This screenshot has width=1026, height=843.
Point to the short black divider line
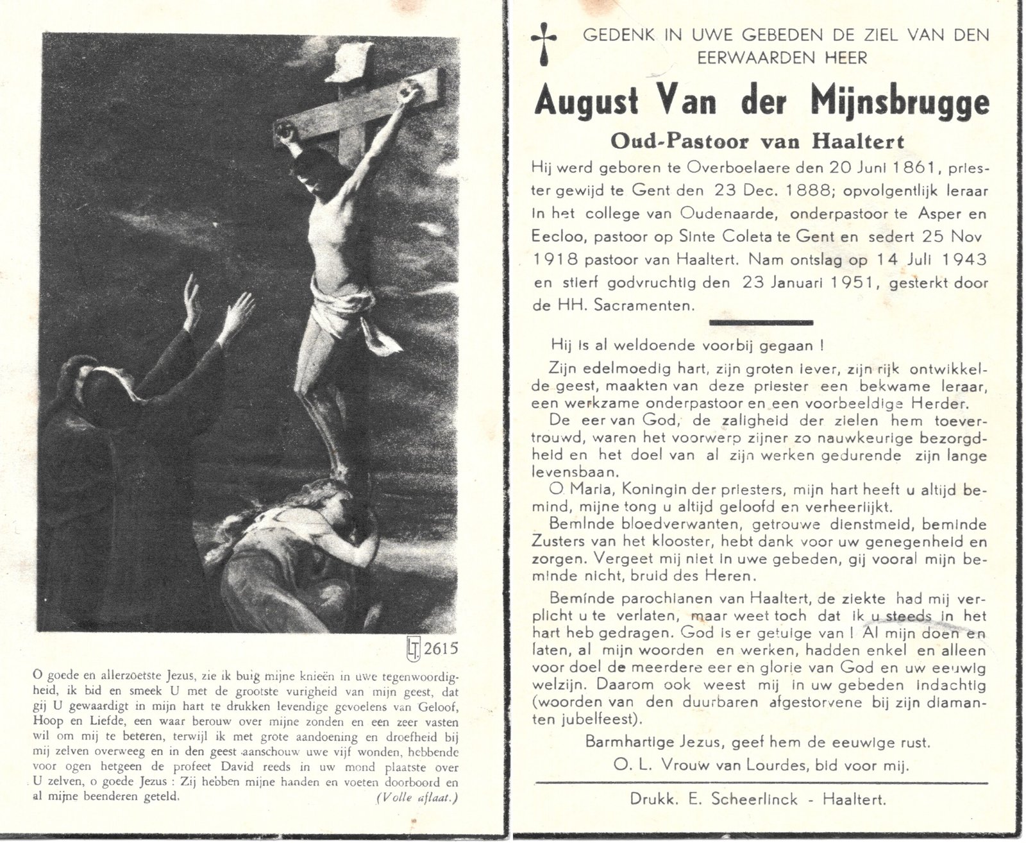click(761, 323)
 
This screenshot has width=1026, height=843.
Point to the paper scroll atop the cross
click(349, 62)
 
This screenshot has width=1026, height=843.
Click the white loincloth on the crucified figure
click(341, 311)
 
